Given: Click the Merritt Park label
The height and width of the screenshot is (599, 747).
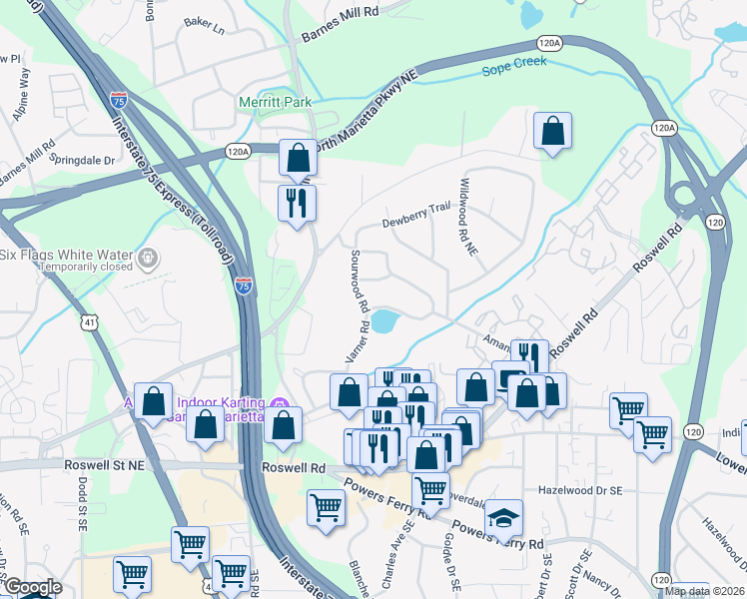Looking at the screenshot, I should [275, 102].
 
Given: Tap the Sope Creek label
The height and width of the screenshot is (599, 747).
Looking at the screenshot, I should [516, 70].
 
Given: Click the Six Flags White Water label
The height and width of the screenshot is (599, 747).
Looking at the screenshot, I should [66, 254].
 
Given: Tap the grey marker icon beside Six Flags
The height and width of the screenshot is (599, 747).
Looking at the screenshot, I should [149, 258].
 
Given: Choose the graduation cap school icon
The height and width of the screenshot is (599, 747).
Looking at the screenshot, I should [504, 518].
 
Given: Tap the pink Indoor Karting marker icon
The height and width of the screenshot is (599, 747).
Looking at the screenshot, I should [282, 403].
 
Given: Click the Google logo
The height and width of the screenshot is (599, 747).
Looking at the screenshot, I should [32, 588].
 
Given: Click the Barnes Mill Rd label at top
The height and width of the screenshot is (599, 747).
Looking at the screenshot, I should [342, 13].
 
